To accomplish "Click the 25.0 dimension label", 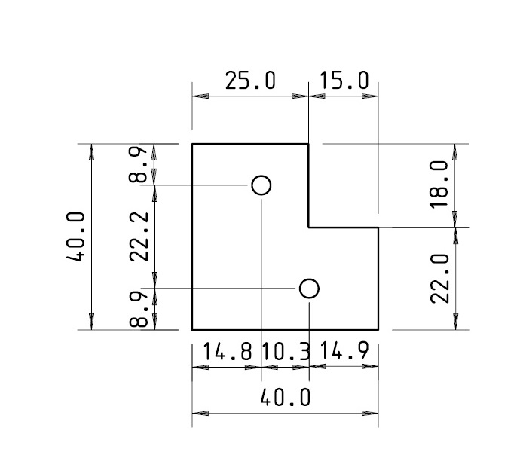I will pos(251,81).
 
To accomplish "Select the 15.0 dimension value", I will pos(344,81).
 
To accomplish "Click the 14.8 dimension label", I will pos(228,351).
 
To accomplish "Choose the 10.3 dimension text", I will pos(285,351).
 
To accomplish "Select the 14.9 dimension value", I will pos(344,351).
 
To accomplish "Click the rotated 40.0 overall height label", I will pos(75,237).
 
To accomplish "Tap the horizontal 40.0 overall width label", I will pos(285,397).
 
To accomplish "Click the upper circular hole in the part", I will pos(261,185).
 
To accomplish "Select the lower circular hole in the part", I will pos(309,289).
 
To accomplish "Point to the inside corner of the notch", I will pos(309,227).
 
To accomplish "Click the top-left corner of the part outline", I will pos(192,144).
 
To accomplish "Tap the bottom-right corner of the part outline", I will pos(378,330).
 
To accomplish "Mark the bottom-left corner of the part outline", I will pos(192,330).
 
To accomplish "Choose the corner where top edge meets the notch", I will pos(309,144).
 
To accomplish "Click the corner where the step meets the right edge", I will pos(378,227).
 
